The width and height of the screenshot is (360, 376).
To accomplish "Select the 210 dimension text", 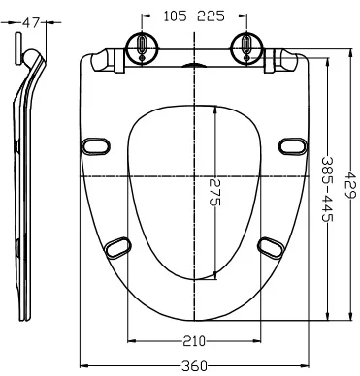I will (193, 340).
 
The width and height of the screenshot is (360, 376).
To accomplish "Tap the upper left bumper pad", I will (97, 144).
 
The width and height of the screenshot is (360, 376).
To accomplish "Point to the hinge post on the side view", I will (22, 47).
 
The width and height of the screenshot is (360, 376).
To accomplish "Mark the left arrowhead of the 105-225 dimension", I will (145, 16).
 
